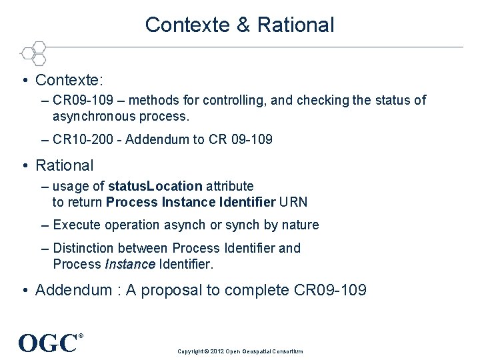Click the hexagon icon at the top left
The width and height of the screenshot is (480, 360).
coord(33,53)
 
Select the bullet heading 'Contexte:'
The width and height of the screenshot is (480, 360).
coord(69,81)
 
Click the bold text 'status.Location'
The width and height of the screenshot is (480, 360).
coord(155,186)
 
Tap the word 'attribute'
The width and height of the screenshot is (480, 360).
coord(229,186)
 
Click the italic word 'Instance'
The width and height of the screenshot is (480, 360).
coord(130,264)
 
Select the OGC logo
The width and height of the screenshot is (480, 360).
coord(49,343)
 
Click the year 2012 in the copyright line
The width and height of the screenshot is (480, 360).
coord(217,351)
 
